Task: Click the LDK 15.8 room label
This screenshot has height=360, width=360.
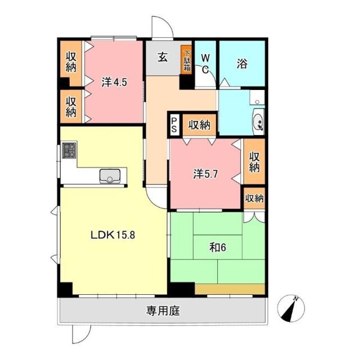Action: [112, 235]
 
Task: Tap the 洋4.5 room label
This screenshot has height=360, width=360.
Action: [114, 82]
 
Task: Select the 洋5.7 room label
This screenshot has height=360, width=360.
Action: [205, 174]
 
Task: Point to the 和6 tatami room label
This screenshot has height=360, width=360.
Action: [218, 247]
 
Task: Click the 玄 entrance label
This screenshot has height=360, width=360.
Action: [163, 57]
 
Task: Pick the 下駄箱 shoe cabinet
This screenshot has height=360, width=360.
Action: [186, 60]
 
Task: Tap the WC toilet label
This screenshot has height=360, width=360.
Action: [205, 64]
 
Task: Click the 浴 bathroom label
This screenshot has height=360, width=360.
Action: [242, 64]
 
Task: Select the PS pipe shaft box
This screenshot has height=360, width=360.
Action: [174, 125]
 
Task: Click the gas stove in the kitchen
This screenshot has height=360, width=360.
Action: [69, 150]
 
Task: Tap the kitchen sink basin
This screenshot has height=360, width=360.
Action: [110, 176]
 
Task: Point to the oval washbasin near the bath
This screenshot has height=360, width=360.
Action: [259, 122]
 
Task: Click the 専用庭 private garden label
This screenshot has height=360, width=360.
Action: [163, 311]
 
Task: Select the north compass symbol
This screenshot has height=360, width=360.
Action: [291, 309]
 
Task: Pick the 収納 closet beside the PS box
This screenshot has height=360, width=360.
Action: [199, 125]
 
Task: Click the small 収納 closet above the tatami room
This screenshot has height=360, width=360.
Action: [254, 198]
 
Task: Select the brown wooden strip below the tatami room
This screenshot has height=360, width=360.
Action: [230, 289]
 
